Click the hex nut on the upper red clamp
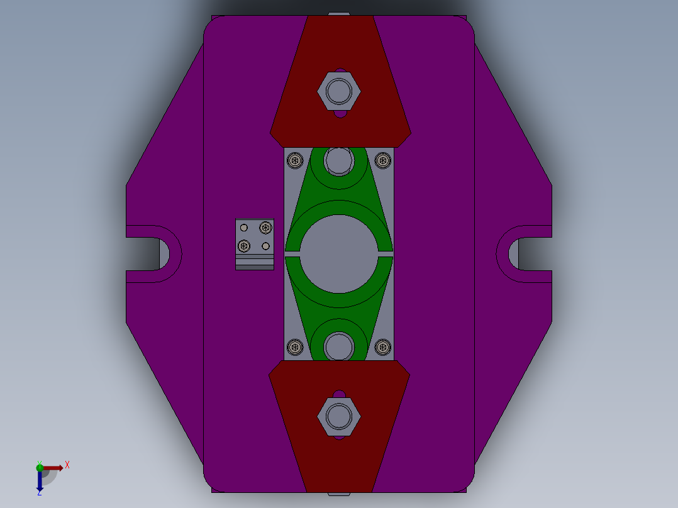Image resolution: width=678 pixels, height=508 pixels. [339, 91]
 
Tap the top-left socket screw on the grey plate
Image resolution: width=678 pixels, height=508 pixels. [295, 161]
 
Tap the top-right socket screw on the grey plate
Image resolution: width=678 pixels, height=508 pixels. [382, 161]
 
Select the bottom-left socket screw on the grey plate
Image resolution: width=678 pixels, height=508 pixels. [295, 346]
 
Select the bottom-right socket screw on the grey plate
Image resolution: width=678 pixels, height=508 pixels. [382, 346]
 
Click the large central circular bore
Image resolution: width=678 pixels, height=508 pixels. [339, 253]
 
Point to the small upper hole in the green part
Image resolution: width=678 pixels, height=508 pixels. [339, 161]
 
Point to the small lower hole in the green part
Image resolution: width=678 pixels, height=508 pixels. [339, 346]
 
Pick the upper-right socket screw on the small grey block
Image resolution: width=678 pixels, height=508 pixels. [266, 227]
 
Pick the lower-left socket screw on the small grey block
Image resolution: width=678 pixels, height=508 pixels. [244, 246]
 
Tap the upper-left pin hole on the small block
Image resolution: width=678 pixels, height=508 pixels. [244, 227]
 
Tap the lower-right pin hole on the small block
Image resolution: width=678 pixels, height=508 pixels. [266, 246]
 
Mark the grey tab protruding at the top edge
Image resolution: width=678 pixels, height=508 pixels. [339, 13]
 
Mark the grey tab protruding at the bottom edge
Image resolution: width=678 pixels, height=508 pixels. [339, 494]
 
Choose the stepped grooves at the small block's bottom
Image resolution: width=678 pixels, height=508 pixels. [255, 263]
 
